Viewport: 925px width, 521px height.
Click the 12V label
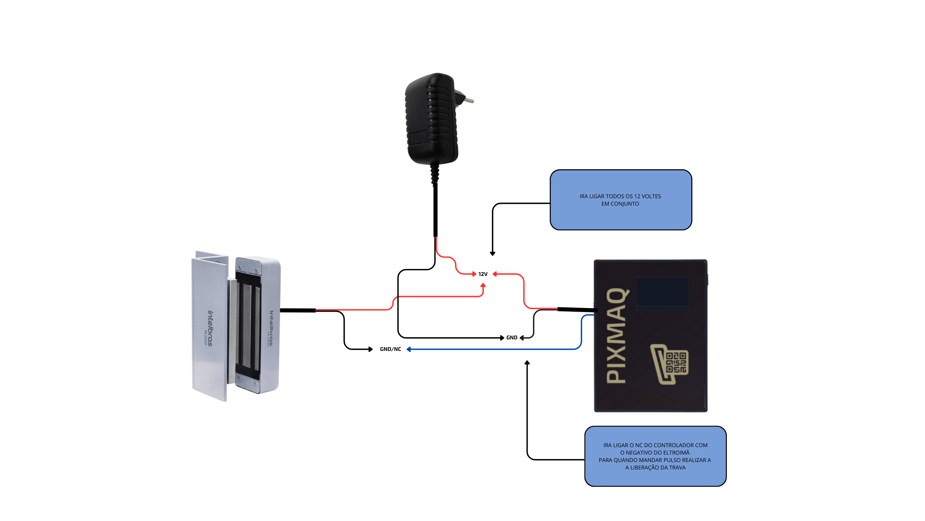(483, 274)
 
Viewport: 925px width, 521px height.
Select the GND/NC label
(390, 349)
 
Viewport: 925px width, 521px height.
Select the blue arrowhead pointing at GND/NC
(409, 349)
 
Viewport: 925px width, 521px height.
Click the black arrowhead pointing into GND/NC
(371, 349)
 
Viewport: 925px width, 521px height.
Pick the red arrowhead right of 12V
(495, 274)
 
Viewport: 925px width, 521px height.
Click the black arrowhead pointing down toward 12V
(492, 254)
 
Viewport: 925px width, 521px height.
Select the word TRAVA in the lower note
(678, 468)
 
